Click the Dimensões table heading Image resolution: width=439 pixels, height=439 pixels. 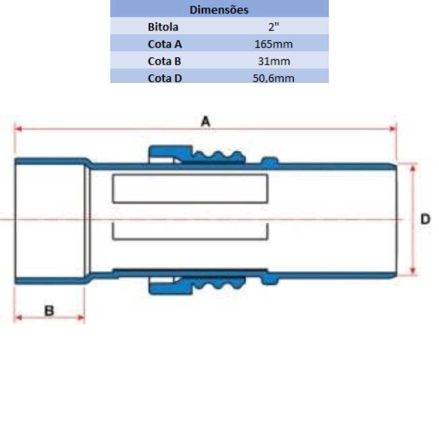(x=219, y=10)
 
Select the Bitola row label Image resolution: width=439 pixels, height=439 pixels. (x=163, y=27)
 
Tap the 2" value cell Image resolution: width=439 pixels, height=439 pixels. (x=273, y=27)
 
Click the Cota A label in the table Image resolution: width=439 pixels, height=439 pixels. (x=165, y=44)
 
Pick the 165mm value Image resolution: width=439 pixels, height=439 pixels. (x=273, y=44)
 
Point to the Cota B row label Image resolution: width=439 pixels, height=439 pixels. (x=164, y=61)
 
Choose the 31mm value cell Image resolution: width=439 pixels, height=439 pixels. (x=274, y=61)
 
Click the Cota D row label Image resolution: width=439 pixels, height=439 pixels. (x=165, y=78)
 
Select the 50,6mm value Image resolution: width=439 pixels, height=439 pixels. (x=273, y=78)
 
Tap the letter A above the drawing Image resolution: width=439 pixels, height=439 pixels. (x=205, y=122)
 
